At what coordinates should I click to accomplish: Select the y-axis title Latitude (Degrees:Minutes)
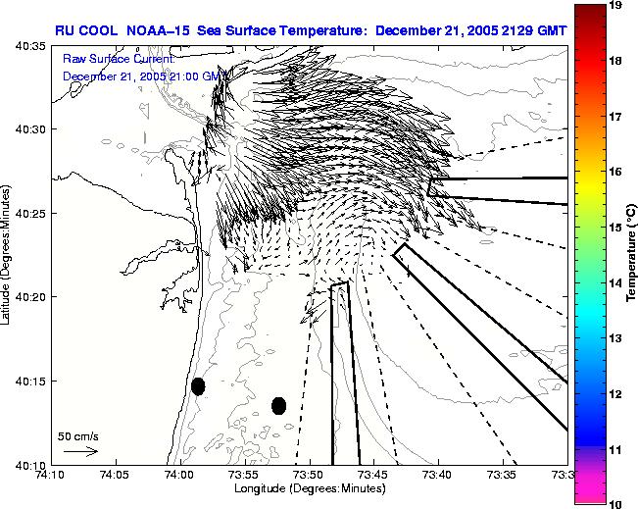tap(8, 255)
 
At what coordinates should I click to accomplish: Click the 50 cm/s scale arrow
tap(80, 451)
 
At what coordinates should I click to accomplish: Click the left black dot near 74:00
tap(198, 386)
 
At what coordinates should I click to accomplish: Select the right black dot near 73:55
tap(279, 405)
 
